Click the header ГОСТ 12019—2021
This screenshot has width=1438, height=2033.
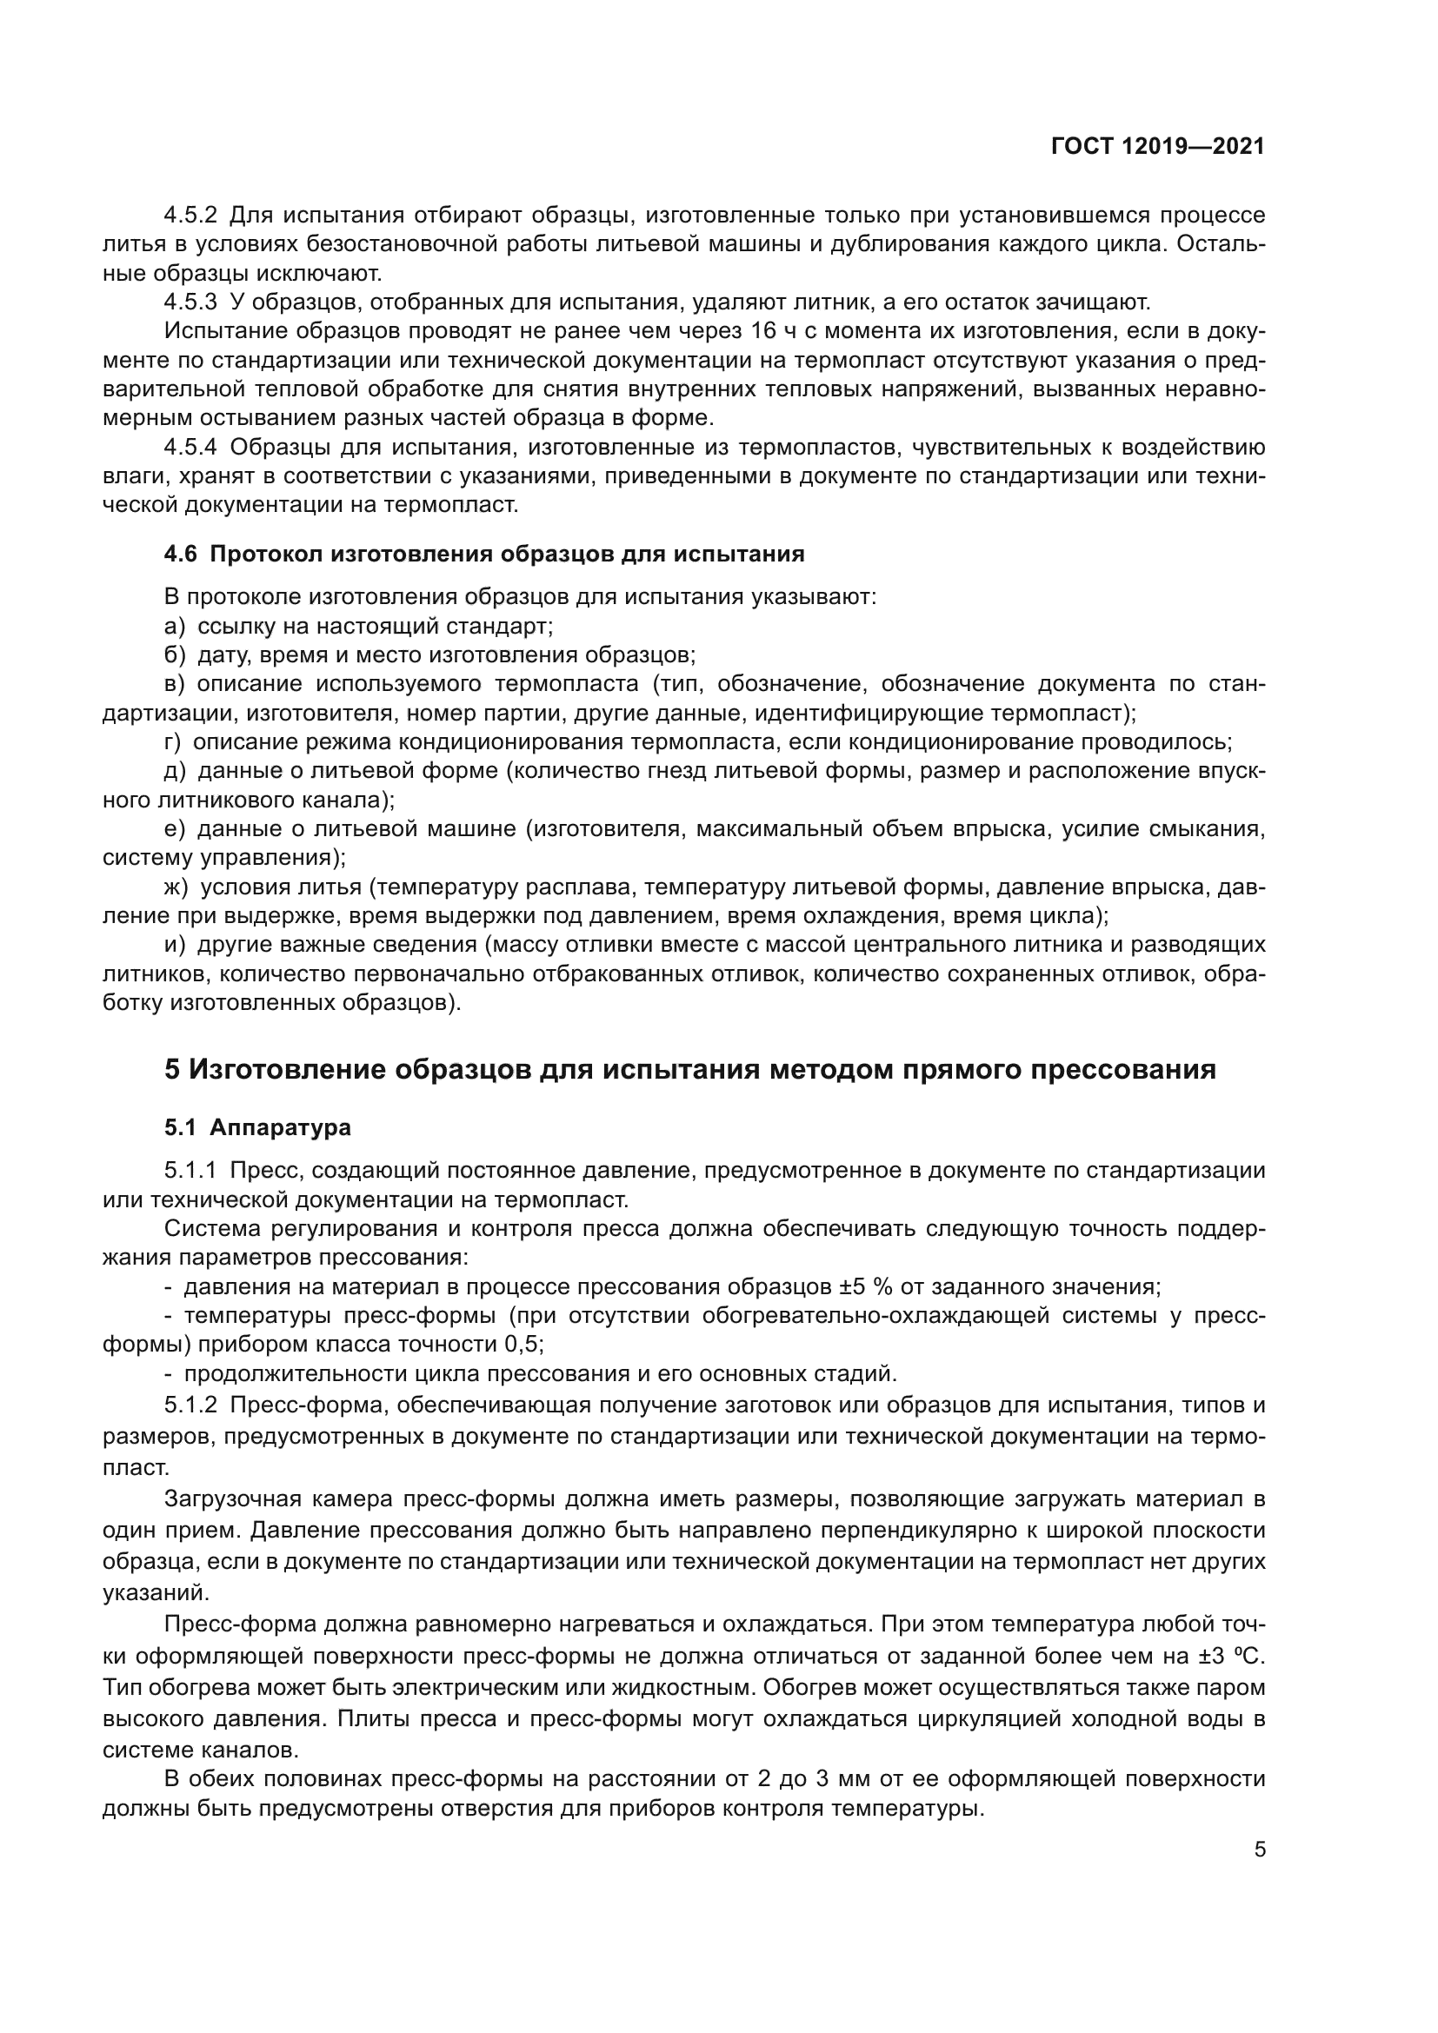click(1157, 147)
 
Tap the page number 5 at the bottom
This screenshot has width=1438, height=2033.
click(1259, 1850)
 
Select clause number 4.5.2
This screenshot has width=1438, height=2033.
click(190, 216)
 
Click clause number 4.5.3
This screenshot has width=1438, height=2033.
click(190, 302)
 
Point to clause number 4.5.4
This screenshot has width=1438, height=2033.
click(190, 447)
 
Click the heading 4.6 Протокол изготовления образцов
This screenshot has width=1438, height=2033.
click(484, 555)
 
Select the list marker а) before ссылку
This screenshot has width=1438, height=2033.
click(176, 627)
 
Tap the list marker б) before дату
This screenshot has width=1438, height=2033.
click(176, 655)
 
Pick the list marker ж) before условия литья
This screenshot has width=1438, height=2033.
click(177, 887)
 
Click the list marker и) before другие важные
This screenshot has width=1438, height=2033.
click(176, 945)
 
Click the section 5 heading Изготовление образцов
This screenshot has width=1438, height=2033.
click(689, 1070)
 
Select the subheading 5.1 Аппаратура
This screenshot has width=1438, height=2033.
click(257, 1128)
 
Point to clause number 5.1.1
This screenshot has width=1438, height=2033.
click(190, 1171)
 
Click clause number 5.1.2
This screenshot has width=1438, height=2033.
click(190, 1405)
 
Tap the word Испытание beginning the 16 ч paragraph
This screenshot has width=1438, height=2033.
click(223, 331)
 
